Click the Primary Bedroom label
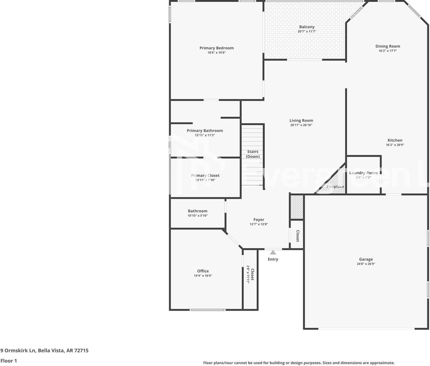(x=216, y=48)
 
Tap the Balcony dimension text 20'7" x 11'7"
(x=307, y=32)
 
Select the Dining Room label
(x=388, y=46)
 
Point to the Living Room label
(x=301, y=120)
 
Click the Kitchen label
(x=395, y=140)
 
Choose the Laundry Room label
(x=363, y=173)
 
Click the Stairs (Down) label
(x=253, y=154)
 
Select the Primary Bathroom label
(x=205, y=130)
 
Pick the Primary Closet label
(x=205, y=175)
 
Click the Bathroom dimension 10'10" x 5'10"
(x=197, y=216)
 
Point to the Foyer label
(x=259, y=220)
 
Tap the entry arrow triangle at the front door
(x=273, y=252)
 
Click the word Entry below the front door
(x=273, y=259)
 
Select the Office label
(x=203, y=271)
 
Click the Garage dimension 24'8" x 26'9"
(x=366, y=264)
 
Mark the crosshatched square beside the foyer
(x=297, y=207)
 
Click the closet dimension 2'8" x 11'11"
(x=248, y=274)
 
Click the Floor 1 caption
(x=9, y=361)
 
